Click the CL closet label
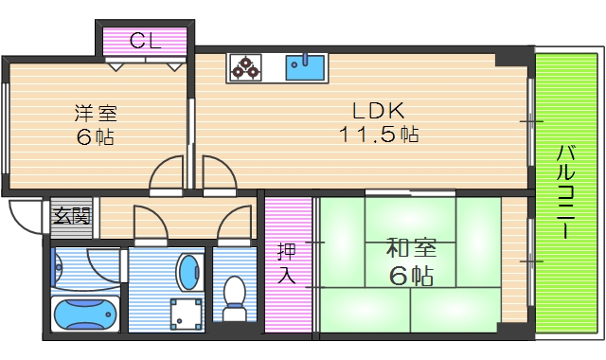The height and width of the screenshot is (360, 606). click(x=145, y=41)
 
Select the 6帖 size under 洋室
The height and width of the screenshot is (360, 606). click(x=96, y=137)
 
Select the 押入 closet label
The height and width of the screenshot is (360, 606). click(x=286, y=264)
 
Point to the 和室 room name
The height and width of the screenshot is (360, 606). click(x=410, y=251)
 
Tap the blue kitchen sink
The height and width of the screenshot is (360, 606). click(x=305, y=68)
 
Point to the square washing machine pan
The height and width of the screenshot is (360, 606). click(x=186, y=313)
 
